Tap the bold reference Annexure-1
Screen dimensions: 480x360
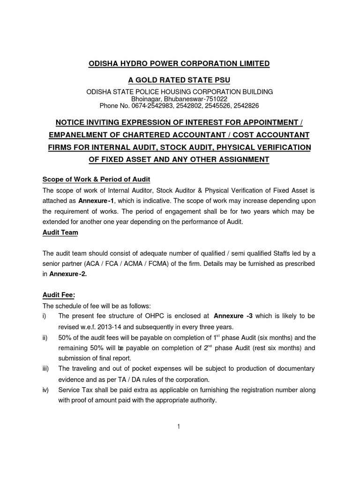click(96, 201)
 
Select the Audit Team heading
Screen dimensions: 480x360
click(60, 232)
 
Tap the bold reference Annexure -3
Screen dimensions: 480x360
click(233, 316)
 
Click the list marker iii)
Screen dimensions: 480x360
click(46, 369)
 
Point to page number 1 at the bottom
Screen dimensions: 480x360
click(180, 426)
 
